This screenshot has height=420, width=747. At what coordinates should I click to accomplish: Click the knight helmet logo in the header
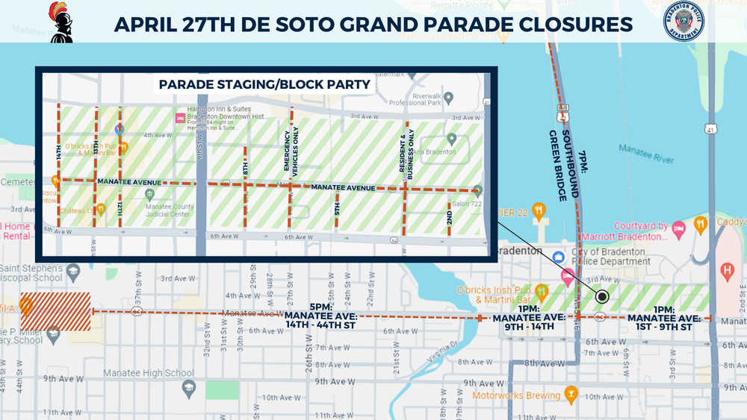(x=61, y=22)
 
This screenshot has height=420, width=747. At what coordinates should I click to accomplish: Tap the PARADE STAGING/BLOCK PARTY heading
(x=264, y=84)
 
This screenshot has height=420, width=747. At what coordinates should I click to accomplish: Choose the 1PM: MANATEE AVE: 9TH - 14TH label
(x=523, y=317)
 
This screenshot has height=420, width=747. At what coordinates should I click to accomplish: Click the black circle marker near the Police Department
(x=602, y=297)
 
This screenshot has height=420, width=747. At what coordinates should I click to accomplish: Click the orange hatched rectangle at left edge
(x=55, y=311)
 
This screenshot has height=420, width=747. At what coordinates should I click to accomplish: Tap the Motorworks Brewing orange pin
(x=571, y=394)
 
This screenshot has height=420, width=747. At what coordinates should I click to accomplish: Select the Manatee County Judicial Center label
(x=169, y=211)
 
